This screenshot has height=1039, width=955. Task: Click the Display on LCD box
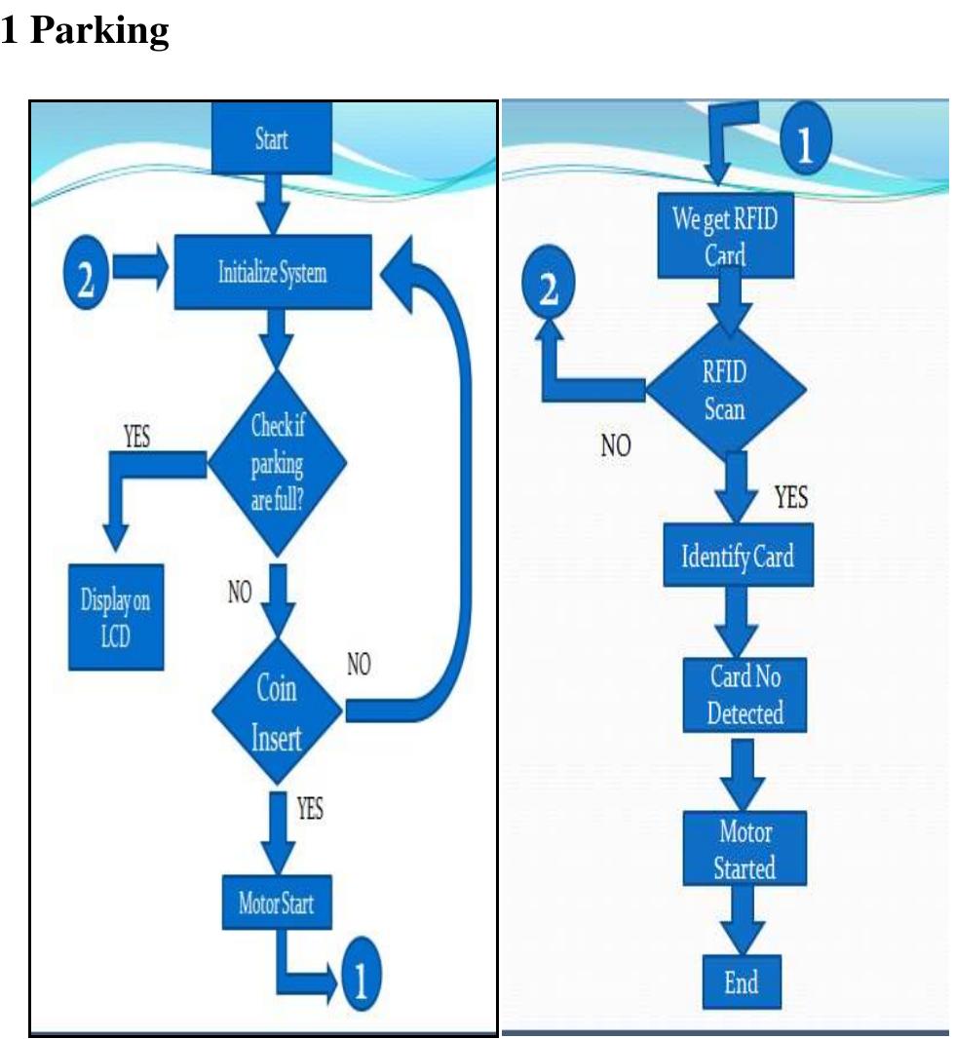click(115, 613)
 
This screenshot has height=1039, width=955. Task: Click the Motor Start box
click(277, 903)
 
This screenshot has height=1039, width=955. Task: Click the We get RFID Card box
click(725, 237)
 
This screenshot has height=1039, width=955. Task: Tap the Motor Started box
click(744, 849)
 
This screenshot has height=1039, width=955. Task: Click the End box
click(742, 981)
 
